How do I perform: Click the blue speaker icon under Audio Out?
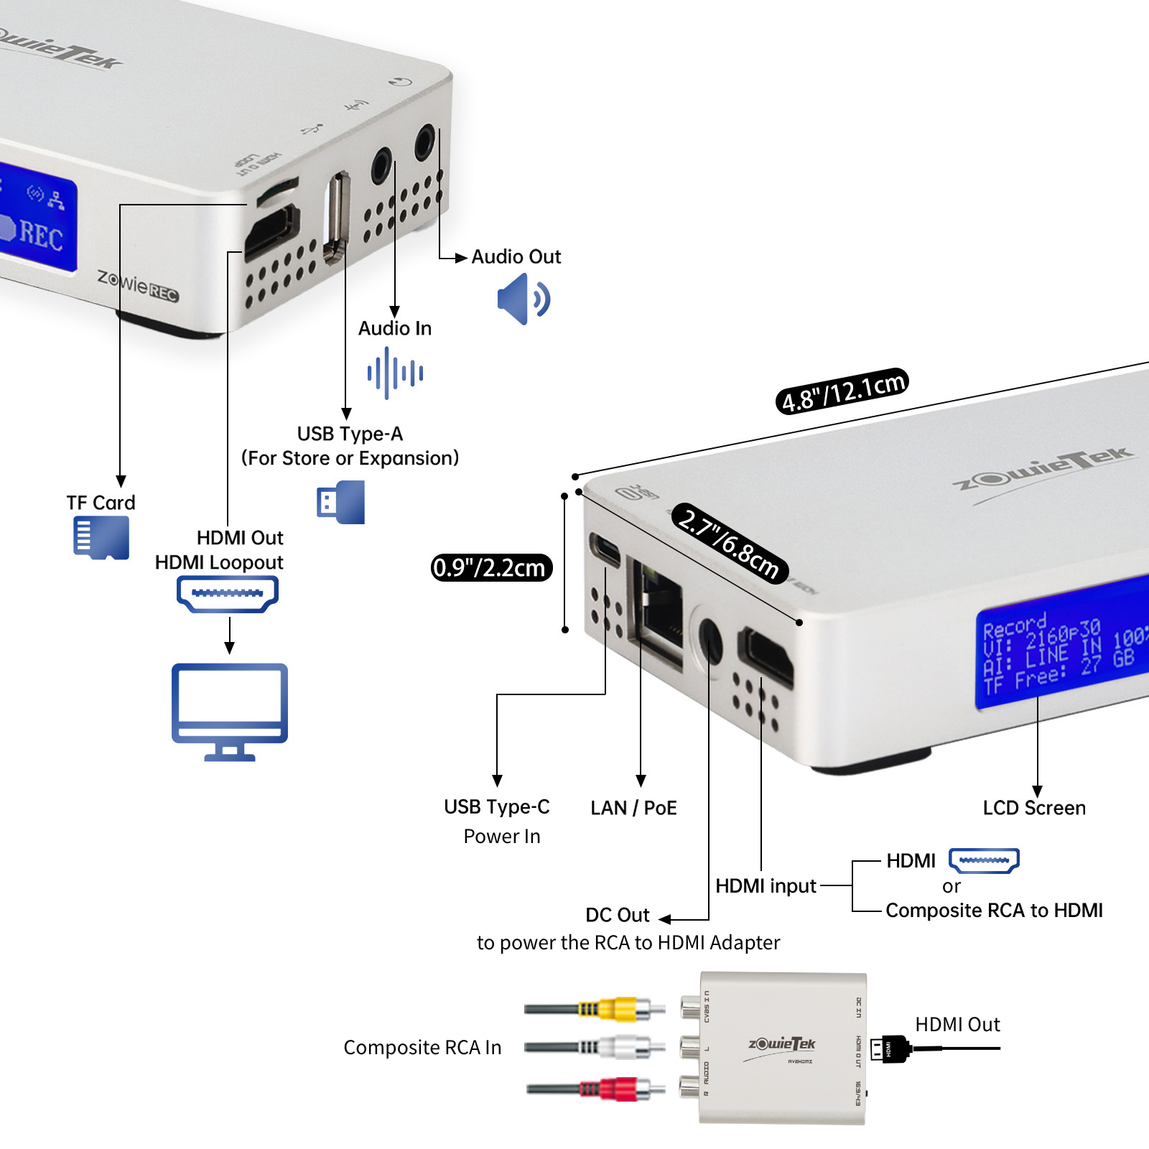523,299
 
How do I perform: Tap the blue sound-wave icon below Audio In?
395,373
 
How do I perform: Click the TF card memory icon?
101,538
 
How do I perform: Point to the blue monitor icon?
230,711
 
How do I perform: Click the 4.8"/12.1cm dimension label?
842,391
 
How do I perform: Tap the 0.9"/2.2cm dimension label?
491,567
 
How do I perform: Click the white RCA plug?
618,1048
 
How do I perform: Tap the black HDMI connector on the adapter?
889,1049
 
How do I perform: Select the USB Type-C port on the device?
605,549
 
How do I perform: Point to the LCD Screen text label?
1034,808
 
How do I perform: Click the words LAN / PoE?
633,808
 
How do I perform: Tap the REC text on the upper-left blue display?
40,236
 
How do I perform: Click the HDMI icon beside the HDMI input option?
984,860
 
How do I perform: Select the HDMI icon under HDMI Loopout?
228,594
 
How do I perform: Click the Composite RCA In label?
422,1048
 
